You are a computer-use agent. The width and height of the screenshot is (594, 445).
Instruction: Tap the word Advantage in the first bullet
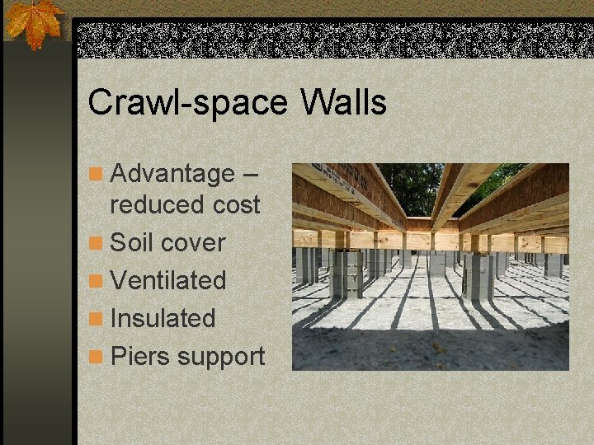(172, 174)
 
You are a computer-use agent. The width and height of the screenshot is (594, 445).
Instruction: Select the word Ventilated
(167, 280)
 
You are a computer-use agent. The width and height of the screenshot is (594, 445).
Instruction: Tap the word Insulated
(163, 318)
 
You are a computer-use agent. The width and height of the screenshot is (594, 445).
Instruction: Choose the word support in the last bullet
(221, 358)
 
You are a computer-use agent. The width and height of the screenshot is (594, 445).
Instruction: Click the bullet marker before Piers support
(97, 358)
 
